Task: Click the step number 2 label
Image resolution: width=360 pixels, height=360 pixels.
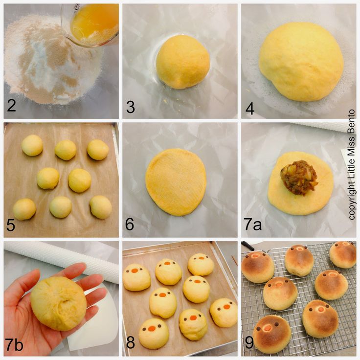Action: [11, 105]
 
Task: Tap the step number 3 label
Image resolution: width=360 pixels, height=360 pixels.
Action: [131, 107]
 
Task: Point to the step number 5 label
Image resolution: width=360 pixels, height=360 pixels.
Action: [11, 225]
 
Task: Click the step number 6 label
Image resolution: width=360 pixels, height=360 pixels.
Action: [130, 224]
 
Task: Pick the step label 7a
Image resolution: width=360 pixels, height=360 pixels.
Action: [252, 225]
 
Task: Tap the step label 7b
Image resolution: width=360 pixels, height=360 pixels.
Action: [15, 344]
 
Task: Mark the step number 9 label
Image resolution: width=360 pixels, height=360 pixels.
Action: [249, 343]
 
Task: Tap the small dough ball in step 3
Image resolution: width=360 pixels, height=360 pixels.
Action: [183, 62]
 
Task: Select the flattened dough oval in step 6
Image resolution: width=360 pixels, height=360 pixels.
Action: [176, 182]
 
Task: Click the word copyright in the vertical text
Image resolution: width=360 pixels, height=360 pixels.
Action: [352, 200]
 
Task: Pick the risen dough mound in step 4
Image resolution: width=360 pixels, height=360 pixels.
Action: [301, 62]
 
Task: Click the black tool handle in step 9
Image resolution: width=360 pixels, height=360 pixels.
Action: [248, 246]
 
